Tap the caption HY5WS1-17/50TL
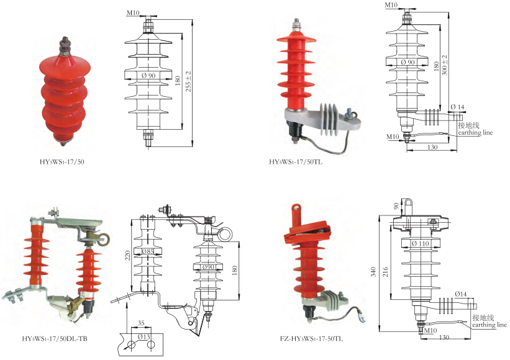pyautogui.click(x=296, y=162)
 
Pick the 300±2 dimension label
pyautogui.click(x=445, y=68)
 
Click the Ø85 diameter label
pyautogui.click(x=148, y=252)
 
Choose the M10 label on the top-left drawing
pyautogui.click(x=133, y=12)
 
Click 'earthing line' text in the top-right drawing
pyautogui.click(x=475, y=132)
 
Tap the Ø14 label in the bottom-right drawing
pyautogui.click(x=461, y=293)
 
